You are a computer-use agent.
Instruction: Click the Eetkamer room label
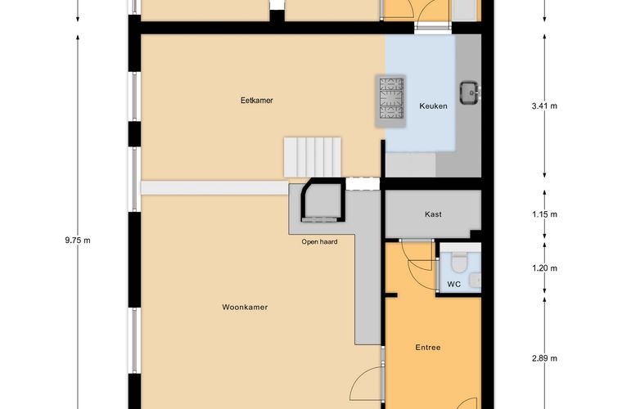(x=257, y=101)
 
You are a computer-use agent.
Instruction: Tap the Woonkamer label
(x=245, y=307)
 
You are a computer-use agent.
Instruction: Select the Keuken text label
(x=433, y=106)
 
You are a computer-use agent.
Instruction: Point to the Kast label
(x=433, y=214)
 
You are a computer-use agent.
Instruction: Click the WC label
(x=453, y=284)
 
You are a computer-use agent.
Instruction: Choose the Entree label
(x=428, y=348)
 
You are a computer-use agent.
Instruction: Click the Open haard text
(x=319, y=242)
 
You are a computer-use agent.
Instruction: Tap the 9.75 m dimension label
(x=78, y=240)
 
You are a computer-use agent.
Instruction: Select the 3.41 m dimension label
(x=544, y=106)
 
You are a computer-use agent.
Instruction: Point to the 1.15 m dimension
(x=544, y=214)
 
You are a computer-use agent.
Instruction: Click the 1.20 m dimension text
(x=544, y=268)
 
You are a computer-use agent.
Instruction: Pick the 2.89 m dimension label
(x=544, y=358)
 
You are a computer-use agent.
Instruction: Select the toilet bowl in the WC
(x=459, y=263)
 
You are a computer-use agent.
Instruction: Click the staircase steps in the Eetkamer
(x=313, y=157)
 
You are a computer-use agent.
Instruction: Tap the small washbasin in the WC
(x=476, y=281)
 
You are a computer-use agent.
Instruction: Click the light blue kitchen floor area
(x=421, y=93)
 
